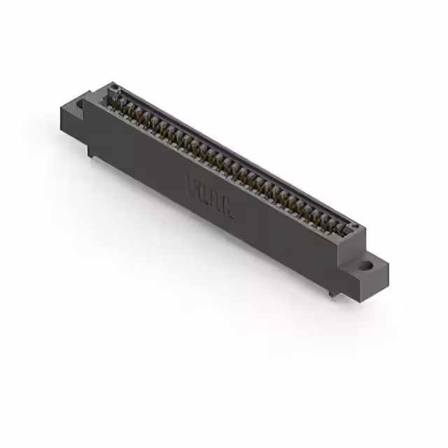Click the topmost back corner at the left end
(x=112, y=83)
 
